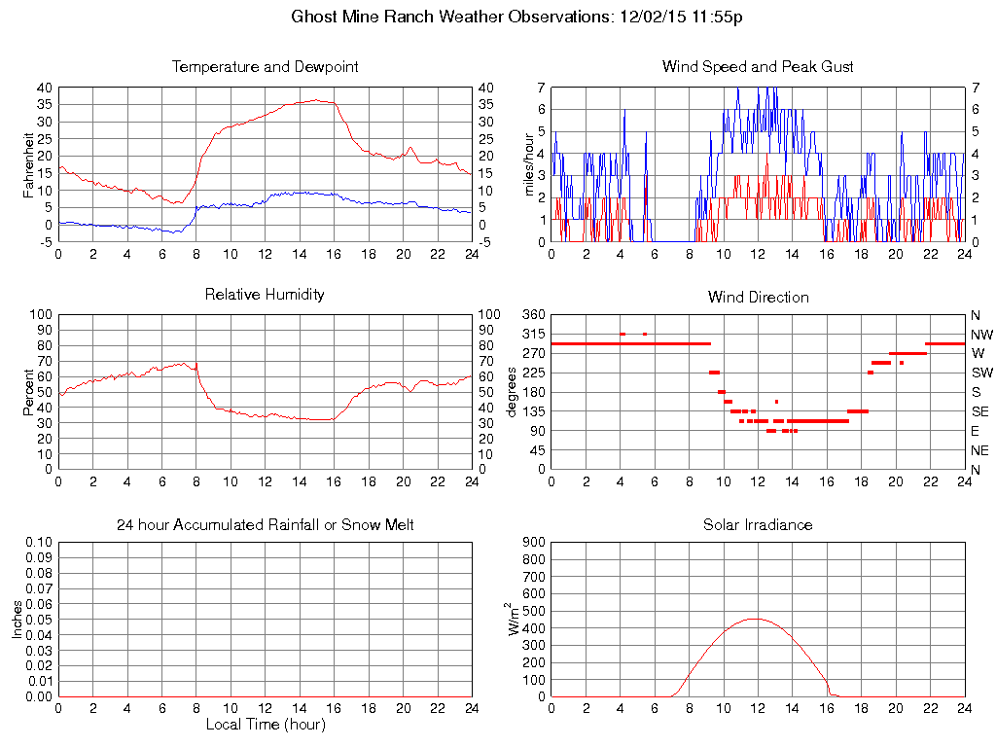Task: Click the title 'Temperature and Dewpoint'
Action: pyautogui.click(x=265, y=67)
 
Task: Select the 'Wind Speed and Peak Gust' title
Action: pyautogui.click(x=758, y=67)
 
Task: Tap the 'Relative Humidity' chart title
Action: pyautogui.click(x=265, y=294)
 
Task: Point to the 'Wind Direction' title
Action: pyautogui.click(x=758, y=297)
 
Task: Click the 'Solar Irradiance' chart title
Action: pyautogui.click(x=758, y=525)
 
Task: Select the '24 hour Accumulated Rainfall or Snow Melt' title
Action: pyautogui.click(x=265, y=525)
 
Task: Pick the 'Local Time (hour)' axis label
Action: pyautogui.click(x=265, y=725)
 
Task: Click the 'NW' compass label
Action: pyautogui.click(x=980, y=334)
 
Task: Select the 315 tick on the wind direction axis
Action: pyautogui.click(x=534, y=334)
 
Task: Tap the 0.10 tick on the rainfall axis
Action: pyautogui.click(x=38, y=543)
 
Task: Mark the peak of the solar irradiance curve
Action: pyautogui.click(x=756, y=619)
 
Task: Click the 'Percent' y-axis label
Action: pyautogui.click(x=29, y=391)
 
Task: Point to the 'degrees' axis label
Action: pyautogui.click(x=513, y=391)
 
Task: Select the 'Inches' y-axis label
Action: pyautogui.click(x=18, y=620)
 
